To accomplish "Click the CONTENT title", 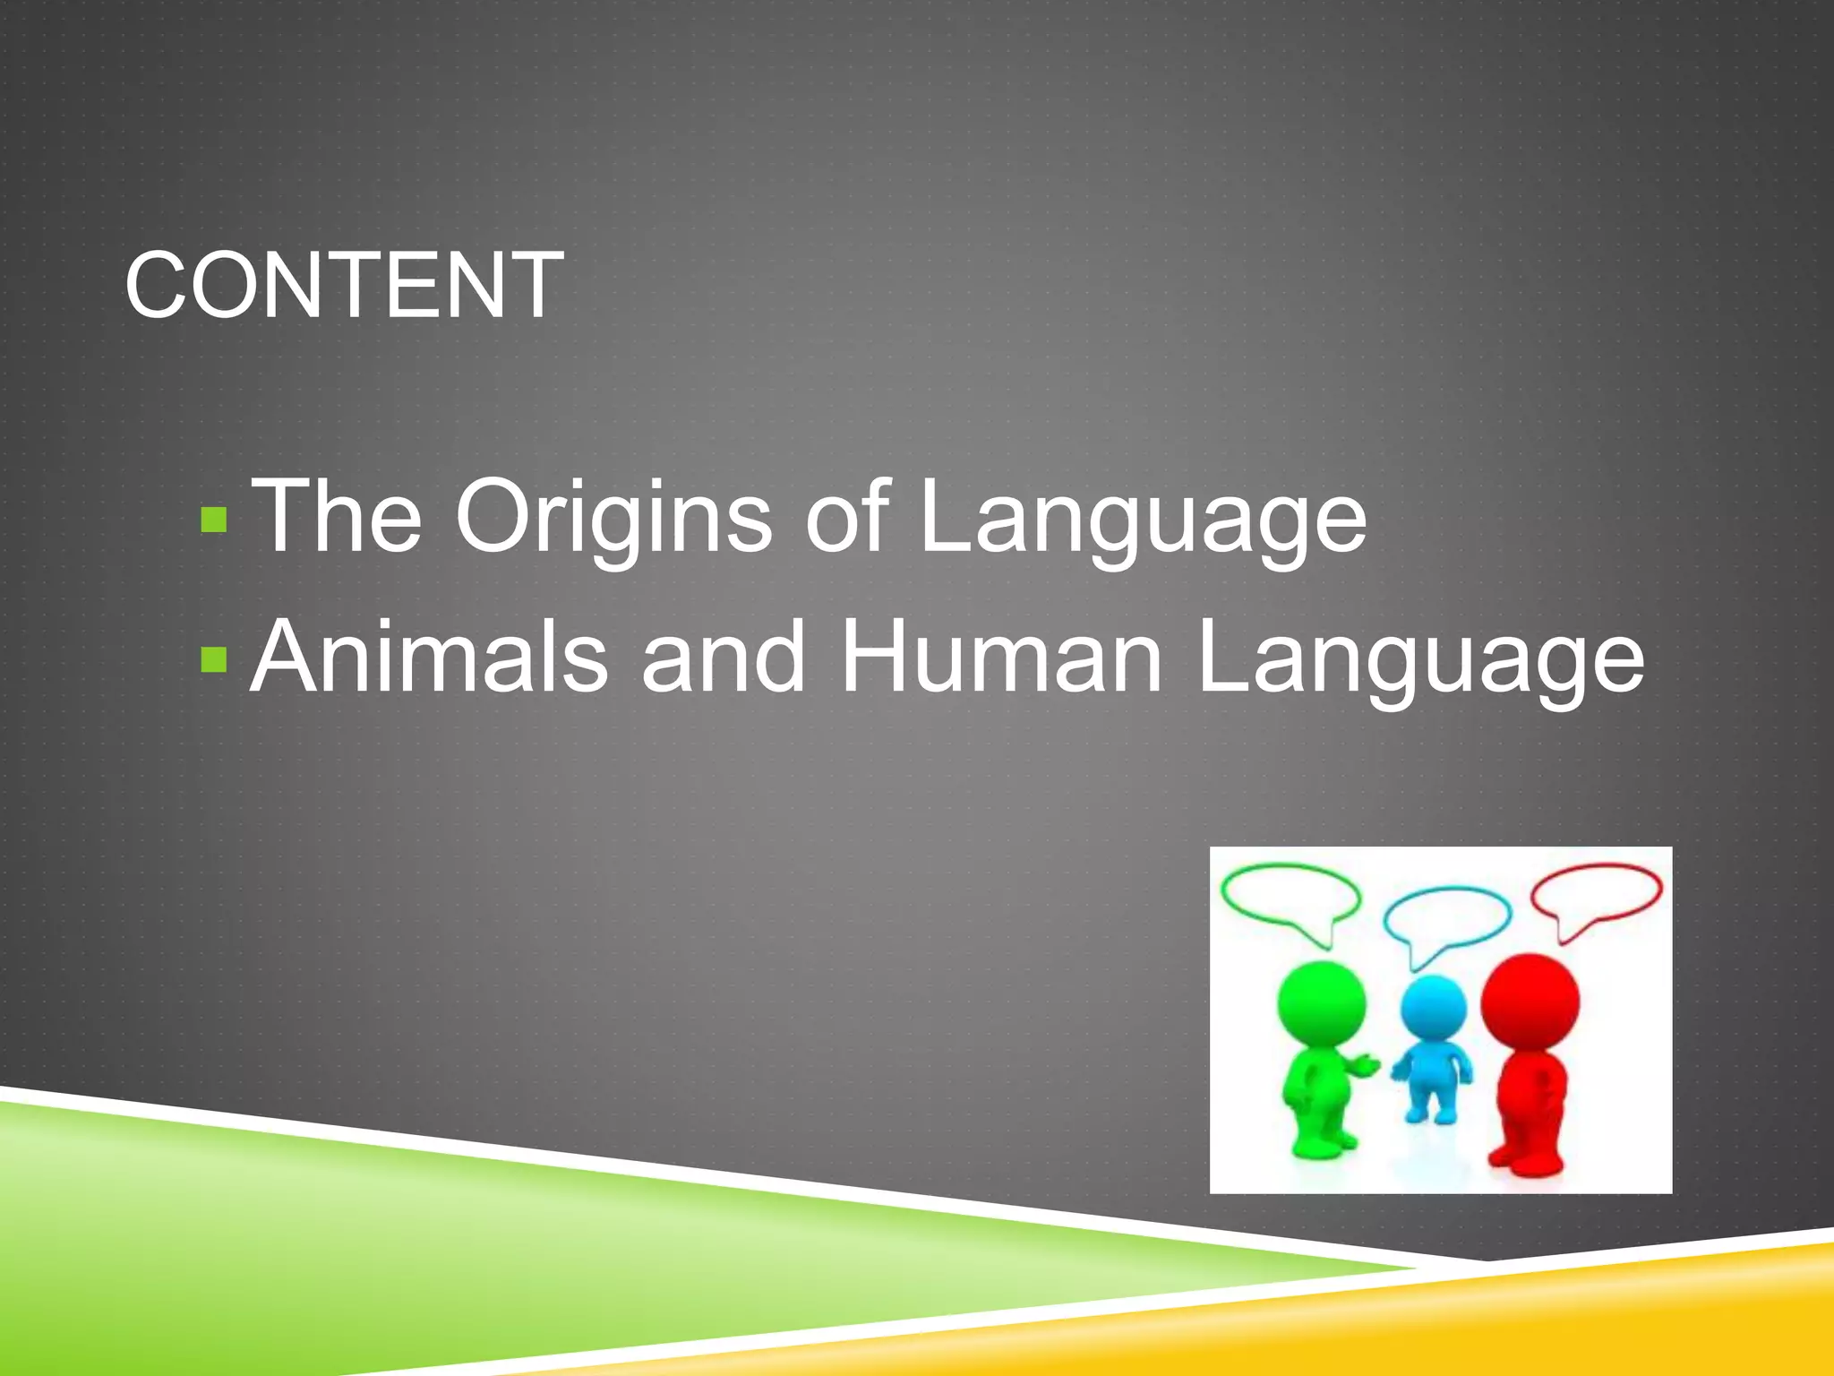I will click(x=344, y=285).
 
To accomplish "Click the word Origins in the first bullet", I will click(x=613, y=518).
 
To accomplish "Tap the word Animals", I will click(x=429, y=658).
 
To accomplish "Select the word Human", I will click(x=1000, y=658).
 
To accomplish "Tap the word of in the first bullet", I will click(x=846, y=517).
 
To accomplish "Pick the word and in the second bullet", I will click(x=724, y=658).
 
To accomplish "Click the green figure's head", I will click(x=1321, y=1002).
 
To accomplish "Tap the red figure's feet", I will click(x=1527, y=1159).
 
